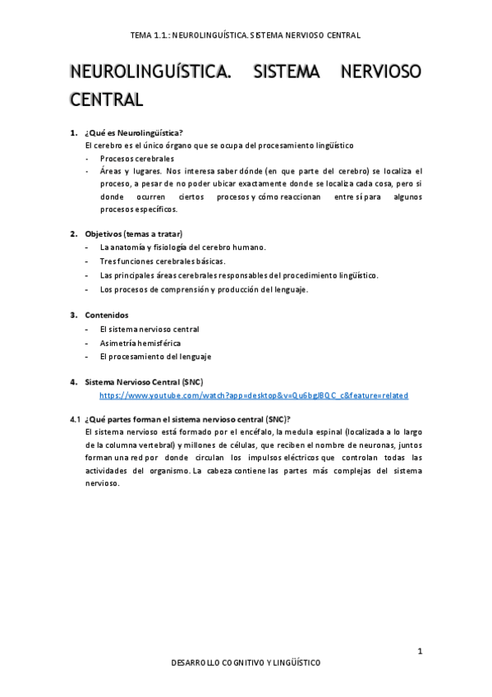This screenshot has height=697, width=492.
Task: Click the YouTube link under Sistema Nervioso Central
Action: [x=253, y=395]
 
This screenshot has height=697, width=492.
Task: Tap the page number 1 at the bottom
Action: [x=420, y=652]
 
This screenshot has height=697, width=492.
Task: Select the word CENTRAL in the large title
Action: [x=107, y=99]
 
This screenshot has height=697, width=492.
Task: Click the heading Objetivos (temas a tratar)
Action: [x=133, y=233]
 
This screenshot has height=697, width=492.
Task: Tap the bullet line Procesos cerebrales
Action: [x=137, y=158]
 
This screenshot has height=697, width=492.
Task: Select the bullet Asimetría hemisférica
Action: [x=140, y=343]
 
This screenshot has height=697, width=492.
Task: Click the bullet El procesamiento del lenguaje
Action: [x=155, y=356]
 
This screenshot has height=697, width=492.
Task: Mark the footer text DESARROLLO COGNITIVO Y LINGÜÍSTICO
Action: [x=246, y=662]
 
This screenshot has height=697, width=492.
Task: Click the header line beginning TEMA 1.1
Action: [x=246, y=35]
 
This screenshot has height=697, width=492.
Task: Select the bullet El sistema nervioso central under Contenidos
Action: [x=149, y=329]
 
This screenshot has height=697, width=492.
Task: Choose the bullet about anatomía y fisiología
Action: [x=182, y=247]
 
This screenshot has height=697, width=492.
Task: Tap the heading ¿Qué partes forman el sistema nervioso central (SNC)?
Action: [x=187, y=418]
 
